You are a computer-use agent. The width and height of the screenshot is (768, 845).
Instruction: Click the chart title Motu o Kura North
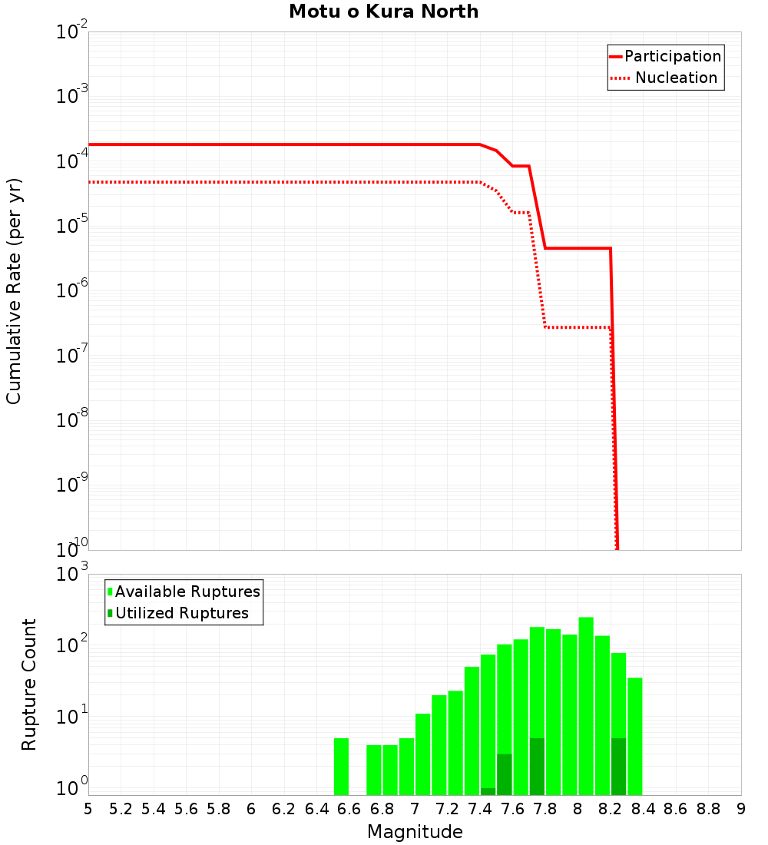(x=383, y=12)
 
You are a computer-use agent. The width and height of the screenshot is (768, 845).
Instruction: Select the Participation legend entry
(x=673, y=57)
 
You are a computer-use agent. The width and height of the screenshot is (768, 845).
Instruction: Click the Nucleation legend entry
(x=676, y=78)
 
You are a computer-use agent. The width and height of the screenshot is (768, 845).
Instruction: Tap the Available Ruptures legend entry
(x=187, y=592)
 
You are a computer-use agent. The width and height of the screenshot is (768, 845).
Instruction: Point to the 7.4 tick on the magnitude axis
(x=480, y=809)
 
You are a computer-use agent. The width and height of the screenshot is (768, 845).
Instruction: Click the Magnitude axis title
(x=415, y=833)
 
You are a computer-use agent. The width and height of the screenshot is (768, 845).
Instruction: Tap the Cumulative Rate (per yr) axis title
(x=14, y=290)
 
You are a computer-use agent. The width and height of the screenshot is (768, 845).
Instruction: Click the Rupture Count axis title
(x=29, y=684)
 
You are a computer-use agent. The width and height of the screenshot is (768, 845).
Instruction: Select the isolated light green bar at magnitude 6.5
(x=341, y=767)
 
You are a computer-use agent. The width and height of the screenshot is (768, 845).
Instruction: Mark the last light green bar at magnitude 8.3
(x=634, y=736)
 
